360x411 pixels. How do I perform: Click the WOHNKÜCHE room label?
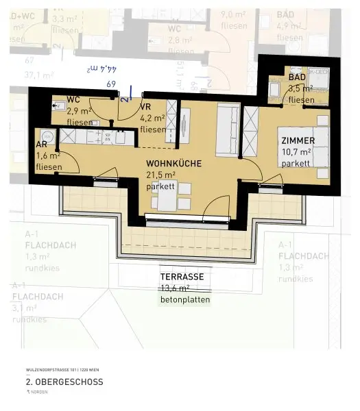tap(173, 164)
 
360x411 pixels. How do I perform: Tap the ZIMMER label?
tap(298, 140)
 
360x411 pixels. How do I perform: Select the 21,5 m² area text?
tap(162, 175)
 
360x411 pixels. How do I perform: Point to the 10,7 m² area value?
tap(296, 152)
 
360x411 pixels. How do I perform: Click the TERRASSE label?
tap(182, 276)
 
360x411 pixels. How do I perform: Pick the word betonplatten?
tap(185, 300)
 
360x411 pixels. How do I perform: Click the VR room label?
tap(145, 107)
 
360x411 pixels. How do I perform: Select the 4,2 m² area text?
tap(152, 118)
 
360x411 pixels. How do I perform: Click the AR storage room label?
tap(41, 145)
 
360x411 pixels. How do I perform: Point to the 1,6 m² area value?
tap(48, 155)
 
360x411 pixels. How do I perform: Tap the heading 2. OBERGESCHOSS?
tap(64, 382)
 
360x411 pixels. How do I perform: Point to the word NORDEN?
tap(45, 393)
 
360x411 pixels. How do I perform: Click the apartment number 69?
tap(111, 84)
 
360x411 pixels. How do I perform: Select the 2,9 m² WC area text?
tap(80, 110)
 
